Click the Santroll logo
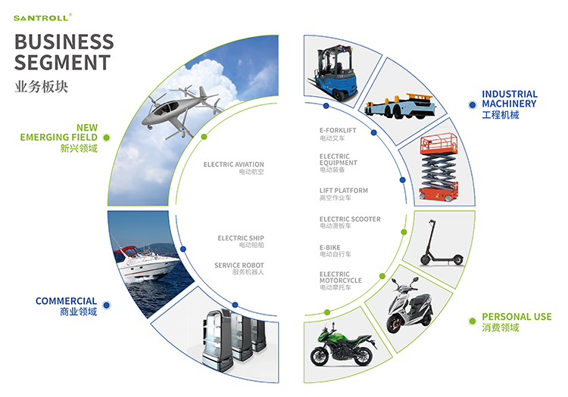click(x=42, y=17)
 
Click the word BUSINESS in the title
click(x=64, y=42)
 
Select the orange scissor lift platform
click(x=439, y=166)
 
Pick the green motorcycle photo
click(x=342, y=346)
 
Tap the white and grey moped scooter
click(x=410, y=306)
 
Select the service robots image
click(x=235, y=339)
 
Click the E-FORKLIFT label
click(x=338, y=130)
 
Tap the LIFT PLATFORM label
click(x=343, y=191)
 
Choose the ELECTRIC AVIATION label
click(x=234, y=165)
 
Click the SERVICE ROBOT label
click(x=239, y=265)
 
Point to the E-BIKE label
click(x=329, y=248)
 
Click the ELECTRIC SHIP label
click(x=241, y=238)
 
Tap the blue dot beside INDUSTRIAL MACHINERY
click(x=472, y=105)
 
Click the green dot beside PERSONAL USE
click(x=472, y=321)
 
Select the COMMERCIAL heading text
click(x=67, y=301)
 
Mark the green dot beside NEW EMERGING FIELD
click(x=106, y=138)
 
